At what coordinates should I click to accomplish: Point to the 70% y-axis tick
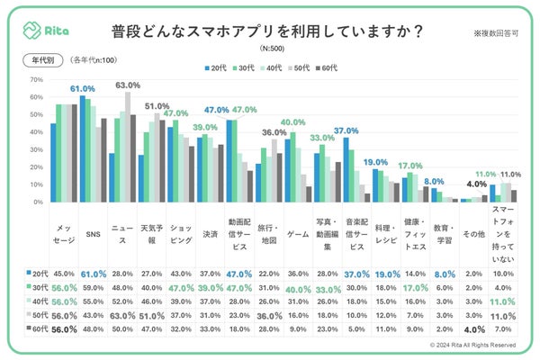[37, 80]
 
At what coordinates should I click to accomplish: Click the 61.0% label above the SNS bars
[83, 89]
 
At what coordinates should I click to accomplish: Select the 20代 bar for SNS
[81, 149]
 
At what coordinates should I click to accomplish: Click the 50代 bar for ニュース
[128, 148]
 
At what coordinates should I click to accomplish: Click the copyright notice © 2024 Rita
[472, 344]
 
